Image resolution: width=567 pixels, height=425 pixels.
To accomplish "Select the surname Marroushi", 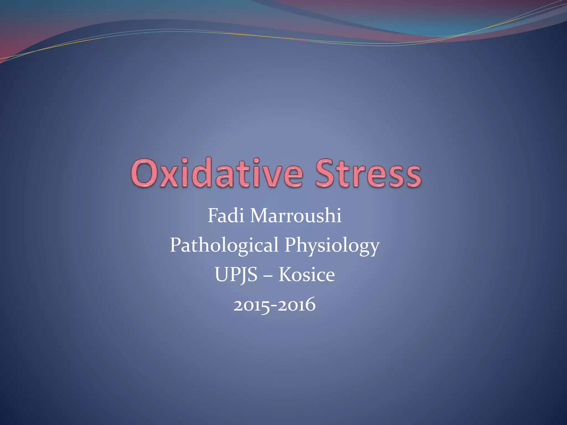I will pos(296,216).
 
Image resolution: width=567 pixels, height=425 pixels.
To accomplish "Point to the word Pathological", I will pos(224,245).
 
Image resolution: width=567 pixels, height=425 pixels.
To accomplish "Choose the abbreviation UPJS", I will pos(236,275).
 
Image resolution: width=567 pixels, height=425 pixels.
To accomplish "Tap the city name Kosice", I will pos(307,275).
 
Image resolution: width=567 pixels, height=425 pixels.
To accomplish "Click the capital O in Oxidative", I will pos(144,173).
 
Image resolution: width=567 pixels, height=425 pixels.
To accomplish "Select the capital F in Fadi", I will pos(213,216).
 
